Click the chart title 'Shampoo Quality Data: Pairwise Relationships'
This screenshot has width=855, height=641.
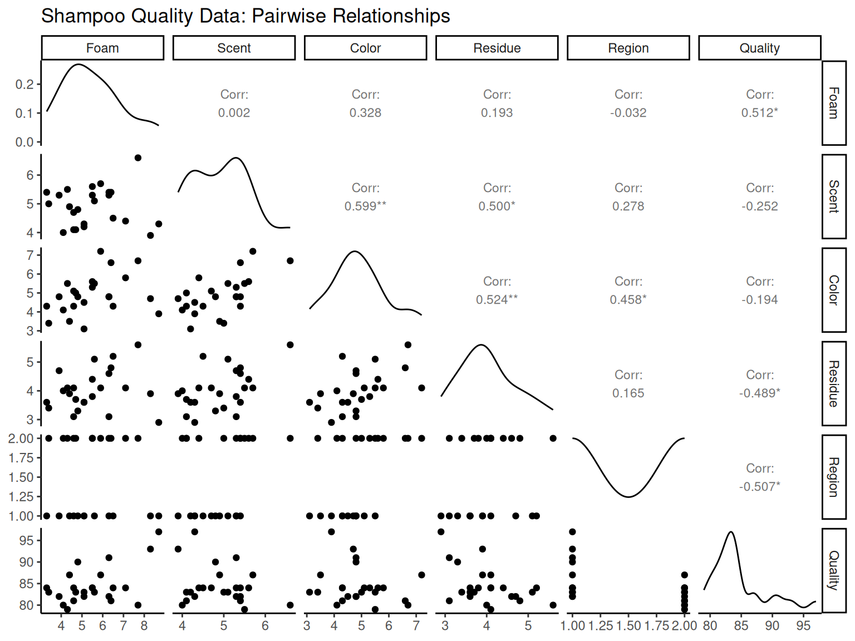245,16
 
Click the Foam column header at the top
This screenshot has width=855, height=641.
102,48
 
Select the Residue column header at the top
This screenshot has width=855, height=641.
497,48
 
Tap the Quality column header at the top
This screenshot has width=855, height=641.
759,48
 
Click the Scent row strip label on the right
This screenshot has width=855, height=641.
833,196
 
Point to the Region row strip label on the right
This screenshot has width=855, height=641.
833,477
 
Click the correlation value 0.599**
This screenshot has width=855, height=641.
365,206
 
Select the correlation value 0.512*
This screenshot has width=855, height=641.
759,113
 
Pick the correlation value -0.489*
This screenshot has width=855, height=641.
759,393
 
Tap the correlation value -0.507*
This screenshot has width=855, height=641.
759,487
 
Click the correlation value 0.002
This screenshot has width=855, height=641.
234,113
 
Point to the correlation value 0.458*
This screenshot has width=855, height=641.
628,300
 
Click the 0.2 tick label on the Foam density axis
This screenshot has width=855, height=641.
24,85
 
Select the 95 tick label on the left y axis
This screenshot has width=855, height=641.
26,540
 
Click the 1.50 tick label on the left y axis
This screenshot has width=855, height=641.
21,477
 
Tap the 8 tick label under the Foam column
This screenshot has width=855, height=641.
144,626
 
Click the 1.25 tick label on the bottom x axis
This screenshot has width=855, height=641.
601,626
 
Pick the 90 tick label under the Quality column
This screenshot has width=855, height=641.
772,626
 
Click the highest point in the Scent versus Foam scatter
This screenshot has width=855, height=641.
138,158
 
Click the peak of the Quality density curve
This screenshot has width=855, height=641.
731,532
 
